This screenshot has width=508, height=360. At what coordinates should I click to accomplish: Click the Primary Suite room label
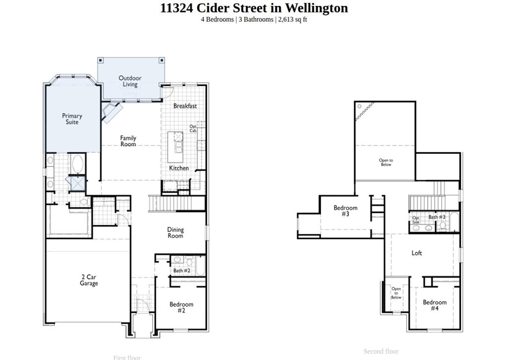(x=72, y=119)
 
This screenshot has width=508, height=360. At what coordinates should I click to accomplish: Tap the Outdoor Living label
(x=130, y=81)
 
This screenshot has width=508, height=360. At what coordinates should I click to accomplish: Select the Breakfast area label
(x=185, y=106)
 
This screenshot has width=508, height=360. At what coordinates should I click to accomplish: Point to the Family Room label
(x=128, y=141)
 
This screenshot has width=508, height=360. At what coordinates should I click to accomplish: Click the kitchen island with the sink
(x=178, y=144)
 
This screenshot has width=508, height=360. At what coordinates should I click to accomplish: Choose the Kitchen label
(x=179, y=168)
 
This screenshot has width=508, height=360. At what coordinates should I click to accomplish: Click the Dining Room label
(x=175, y=233)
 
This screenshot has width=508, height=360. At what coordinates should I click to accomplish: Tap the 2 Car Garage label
(x=89, y=280)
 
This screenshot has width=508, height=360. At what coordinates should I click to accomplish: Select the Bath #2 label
(x=182, y=271)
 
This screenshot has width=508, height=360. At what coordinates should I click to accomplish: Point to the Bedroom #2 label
(x=181, y=307)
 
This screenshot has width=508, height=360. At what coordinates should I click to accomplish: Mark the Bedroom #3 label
(x=345, y=211)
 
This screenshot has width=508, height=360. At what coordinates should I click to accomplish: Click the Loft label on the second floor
(x=417, y=253)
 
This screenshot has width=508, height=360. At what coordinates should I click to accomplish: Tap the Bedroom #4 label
(x=435, y=305)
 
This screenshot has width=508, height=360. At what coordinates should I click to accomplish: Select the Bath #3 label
(x=437, y=217)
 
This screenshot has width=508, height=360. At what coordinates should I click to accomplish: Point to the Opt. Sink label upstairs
(x=416, y=220)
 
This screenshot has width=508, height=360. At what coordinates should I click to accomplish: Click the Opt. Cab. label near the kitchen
(x=193, y=129)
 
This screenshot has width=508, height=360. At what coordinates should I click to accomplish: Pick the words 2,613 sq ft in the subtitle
(x=292, y=20)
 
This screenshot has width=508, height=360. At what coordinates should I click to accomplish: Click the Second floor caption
(x=381, y=352)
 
